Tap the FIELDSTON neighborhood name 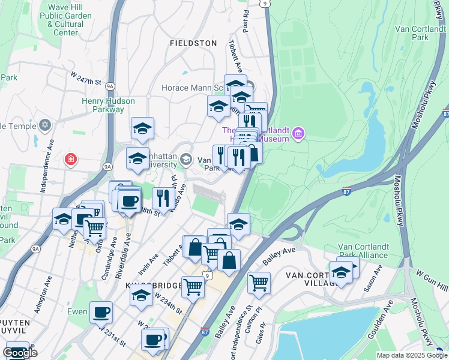(x=193, y=43)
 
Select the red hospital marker (x=71, y=159)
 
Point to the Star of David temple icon (x=43, y=125)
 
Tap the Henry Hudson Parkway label (x=103, y=105)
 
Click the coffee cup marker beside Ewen (x=101, y=312)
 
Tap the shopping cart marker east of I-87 (x=259, y=282)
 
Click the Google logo (x=20, y=353)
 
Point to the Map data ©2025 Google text (x=411, y=355)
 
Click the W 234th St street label (x=167, y=302)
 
